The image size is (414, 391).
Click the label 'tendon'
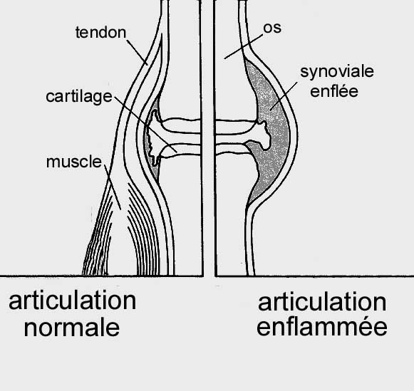[100, 33]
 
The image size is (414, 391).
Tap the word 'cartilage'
[79, 97]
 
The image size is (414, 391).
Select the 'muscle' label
[74, 162]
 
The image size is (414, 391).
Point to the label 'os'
[272, 28]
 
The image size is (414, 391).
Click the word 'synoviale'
[337, 71]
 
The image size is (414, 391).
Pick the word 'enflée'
[334, 91]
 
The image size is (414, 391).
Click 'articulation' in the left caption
[73, 301]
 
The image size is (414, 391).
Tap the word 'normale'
[72, 328]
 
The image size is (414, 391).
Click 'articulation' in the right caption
[322, 302]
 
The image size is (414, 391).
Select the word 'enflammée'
[322, 326]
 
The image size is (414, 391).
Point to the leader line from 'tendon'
[137, 52]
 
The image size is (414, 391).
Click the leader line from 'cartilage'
[145, 124]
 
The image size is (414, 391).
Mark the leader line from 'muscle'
[113, 187]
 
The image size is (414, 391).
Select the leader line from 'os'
[244, 46]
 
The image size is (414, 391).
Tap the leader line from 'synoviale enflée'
[284, 96]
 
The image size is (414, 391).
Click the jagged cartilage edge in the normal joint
[152, 137]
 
